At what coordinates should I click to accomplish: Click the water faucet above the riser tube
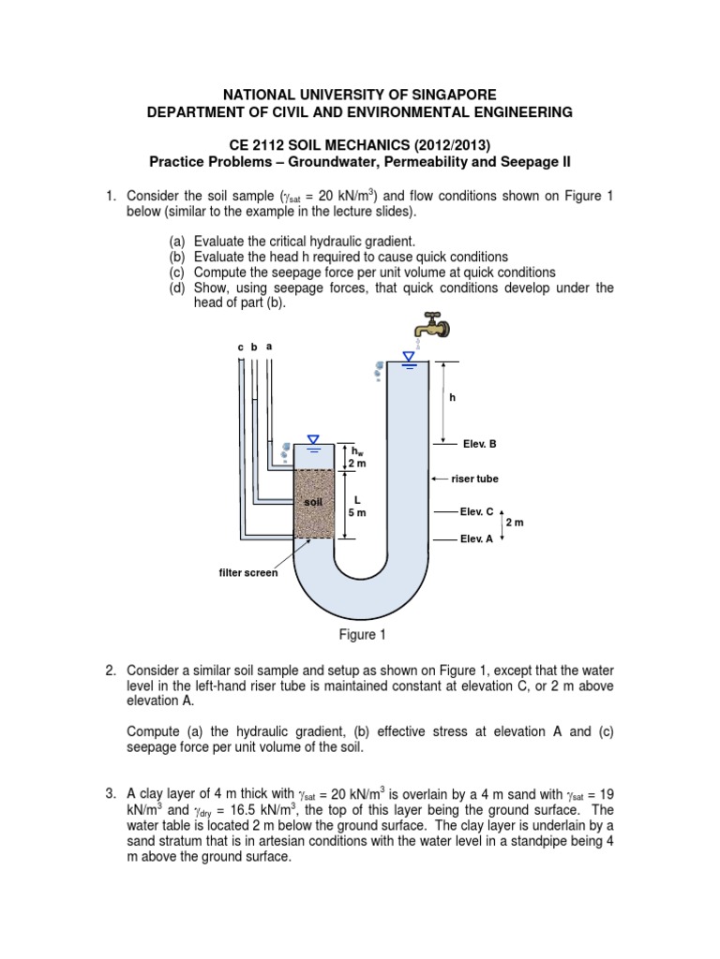pos(433,326)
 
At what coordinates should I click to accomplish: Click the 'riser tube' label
pos(474,479)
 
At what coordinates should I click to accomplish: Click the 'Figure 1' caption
pos(362,635)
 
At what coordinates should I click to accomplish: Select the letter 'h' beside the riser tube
pos(451,396)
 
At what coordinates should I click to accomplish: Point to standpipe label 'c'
pos(240,347)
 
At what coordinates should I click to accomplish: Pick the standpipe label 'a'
pos(269,347)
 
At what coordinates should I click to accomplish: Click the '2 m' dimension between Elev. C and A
pos(515,523)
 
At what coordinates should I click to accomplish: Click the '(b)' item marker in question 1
pos(178,257)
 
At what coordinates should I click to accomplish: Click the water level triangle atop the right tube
pos(408,355)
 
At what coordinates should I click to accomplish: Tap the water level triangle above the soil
pos(313,438)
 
